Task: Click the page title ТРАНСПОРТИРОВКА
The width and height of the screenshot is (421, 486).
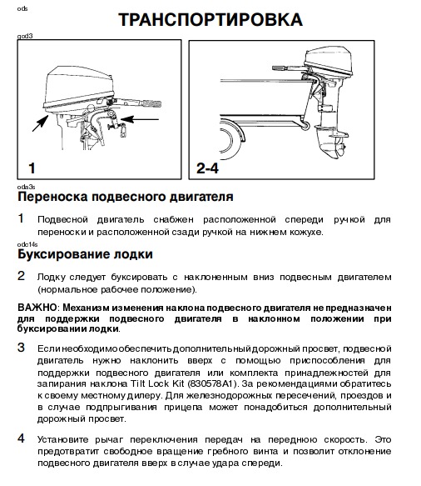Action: pos(210,20)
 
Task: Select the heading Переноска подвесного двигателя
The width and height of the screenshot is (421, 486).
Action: pos(126,197)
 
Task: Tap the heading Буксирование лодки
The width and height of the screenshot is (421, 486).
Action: pos(85,254)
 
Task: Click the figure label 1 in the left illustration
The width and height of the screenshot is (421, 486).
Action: pos(32,168)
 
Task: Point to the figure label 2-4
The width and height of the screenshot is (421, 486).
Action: pos(207,168)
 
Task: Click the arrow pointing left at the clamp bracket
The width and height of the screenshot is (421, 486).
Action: pos(140,119)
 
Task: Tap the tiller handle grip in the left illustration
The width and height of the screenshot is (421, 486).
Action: pos(151,104)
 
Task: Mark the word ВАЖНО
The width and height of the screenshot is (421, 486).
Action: pos(37,308)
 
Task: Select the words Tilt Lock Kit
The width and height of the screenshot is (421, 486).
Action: pos(157,384)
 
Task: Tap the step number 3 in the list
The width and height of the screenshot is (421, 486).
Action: pos(21,348)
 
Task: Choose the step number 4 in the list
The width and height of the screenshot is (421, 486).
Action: pos(21,438)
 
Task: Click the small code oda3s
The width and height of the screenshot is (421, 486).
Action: pos(27,187)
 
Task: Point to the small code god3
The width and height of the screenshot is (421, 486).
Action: pos(25,37)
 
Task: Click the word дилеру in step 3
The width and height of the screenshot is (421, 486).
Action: pos(145,396)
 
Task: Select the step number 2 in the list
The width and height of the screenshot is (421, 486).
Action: pos(21,276)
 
